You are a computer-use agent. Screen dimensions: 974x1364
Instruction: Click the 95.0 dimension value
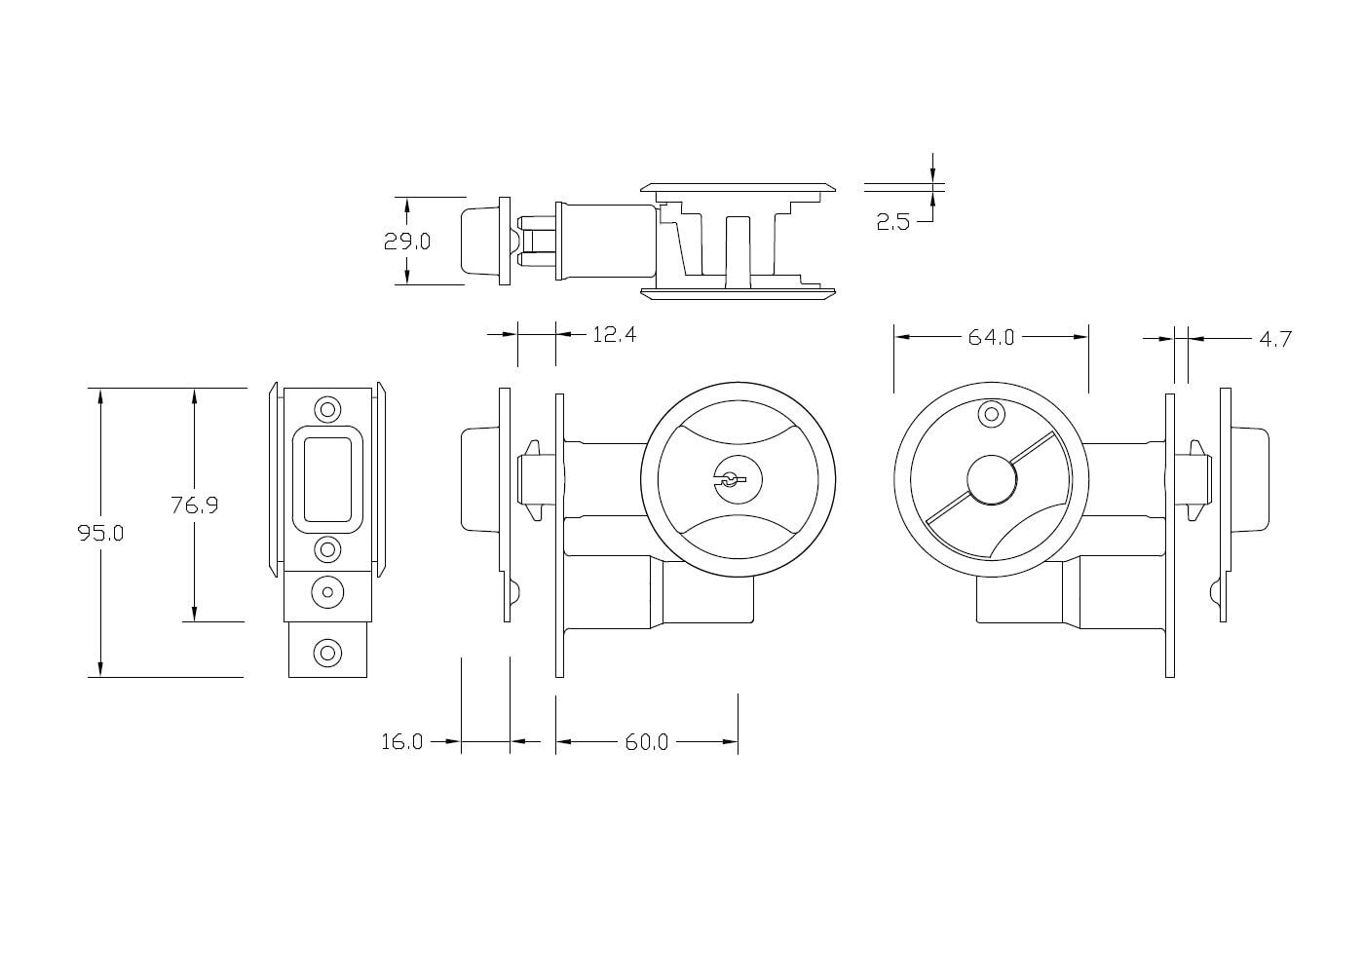click(100, 534)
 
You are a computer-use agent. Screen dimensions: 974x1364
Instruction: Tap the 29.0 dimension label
click(406, 242)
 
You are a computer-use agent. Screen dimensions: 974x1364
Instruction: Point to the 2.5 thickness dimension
click(892, 222)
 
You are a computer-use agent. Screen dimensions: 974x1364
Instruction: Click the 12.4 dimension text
click(614, 335)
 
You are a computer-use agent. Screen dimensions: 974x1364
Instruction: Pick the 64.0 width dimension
click(991, 337)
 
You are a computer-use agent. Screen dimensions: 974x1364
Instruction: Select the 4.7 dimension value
click(1274, 339)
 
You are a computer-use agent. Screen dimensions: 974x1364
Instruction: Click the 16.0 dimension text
click(401, 742)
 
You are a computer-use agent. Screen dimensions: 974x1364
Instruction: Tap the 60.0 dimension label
click(646, 742)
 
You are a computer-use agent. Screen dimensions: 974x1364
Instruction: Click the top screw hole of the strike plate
click(328, 408)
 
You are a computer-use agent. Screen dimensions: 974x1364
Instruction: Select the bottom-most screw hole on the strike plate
click(328, 652)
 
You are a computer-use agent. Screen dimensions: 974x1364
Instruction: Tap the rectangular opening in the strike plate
click(327, 478)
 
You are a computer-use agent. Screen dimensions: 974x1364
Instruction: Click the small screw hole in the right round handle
click(992, 414)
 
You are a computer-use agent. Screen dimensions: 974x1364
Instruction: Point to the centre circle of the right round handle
click(992, 480)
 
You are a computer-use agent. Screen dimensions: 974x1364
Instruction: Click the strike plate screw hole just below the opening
click(328, 549)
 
